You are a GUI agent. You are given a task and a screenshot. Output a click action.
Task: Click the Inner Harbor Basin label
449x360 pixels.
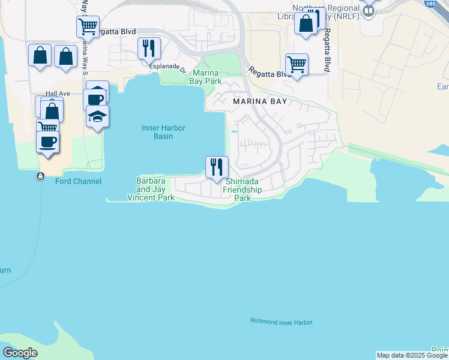tap(163, 132)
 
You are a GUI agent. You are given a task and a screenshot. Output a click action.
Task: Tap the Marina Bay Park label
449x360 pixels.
tap(206, 77)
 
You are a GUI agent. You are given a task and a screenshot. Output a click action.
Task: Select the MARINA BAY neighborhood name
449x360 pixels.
tap(260, 102)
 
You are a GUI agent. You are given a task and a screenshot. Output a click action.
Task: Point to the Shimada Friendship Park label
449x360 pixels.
tap(242, 190)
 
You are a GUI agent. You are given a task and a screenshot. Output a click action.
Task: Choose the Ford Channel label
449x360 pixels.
tap(78, 181)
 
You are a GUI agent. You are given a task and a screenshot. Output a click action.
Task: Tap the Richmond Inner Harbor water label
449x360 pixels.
tap(282, 322)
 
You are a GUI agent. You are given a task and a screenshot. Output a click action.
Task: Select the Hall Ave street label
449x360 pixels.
tap(58, 94)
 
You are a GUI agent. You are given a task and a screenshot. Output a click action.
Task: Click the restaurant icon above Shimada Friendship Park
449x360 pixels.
tap(217, 166)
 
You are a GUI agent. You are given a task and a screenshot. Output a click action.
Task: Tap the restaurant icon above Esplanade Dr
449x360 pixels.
tap(148, 47)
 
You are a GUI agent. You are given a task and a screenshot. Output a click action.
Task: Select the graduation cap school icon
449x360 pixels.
tap(97, 116)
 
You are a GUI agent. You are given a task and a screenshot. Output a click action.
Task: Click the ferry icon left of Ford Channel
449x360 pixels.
tap(40, 176)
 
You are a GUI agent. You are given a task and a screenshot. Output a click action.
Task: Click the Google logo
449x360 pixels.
tap(20, 353)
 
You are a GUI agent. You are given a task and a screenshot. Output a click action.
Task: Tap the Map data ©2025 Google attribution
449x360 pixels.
tap(412, 355)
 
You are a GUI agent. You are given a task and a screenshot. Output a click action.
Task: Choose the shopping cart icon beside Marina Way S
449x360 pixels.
tap(88, 26)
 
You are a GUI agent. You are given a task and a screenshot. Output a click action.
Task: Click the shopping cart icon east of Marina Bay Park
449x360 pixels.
tap(297, 64)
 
